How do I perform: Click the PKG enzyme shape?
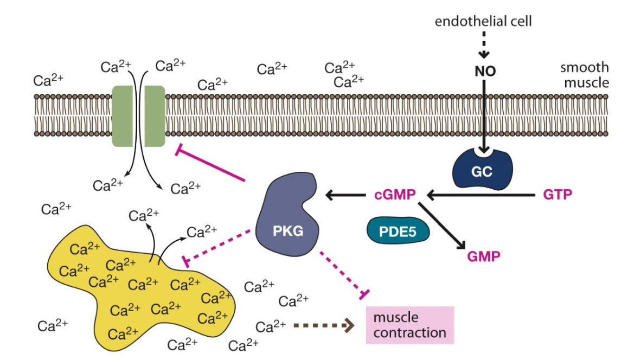pos(285,217)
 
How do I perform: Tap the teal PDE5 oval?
pos(398,230)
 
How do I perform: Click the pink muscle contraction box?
pos(409,325)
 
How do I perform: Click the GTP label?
pos(557,194)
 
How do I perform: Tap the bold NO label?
pos(484,72)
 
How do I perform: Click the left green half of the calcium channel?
pos(124,115)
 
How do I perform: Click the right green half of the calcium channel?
pos(155,115)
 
